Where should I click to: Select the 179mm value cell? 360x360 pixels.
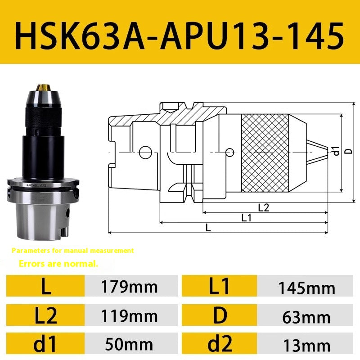(x=130, y=286)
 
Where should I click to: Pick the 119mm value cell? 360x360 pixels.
(x=130, y=316)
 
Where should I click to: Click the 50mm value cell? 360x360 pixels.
(x=130, y=345)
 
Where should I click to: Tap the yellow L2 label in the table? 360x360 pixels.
(x=46, y=316)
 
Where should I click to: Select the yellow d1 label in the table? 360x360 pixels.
(x=46, y=345)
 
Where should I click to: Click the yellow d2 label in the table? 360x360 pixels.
(x=220, y=345)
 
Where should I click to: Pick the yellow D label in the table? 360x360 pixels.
(x=220, y=316)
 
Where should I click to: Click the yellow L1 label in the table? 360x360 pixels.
(x=220, y=287)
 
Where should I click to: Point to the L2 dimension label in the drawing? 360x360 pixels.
(x=263, y=207)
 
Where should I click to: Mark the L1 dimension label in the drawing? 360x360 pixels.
(x=246, y=218)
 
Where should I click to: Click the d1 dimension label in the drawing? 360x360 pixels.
(x=335, y=152)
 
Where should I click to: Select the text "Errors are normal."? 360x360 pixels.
(x=58, y=264)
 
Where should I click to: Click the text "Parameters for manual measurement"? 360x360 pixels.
(x=73, y=250)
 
